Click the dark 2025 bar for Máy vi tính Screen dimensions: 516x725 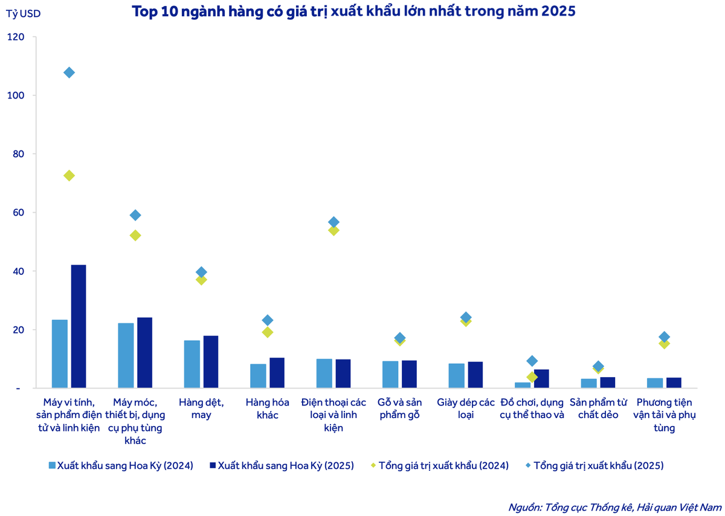pyautogui.click(x=79, y=326)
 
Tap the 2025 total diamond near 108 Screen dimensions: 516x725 pyautogui.click(x=69, y=73)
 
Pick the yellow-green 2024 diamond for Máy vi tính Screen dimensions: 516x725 pyautogui.click(x=69, y=176)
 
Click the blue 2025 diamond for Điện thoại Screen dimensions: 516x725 pyautogui.click(x=333, y=222)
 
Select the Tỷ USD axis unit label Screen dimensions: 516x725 pyautogui.click(x=24, y=13)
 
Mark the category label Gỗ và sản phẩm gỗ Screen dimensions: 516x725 pyautogui.click(x=399, y=408)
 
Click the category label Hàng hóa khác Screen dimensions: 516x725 pyautogui.click(x=266, y=408)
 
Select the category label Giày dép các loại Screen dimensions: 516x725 pyautogui.click(x=465, y=408)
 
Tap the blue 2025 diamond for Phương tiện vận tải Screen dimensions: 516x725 pyautogui.click(x=664, y=337)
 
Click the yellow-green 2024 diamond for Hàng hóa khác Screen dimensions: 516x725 pyautogui.click(x=267, y=332)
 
